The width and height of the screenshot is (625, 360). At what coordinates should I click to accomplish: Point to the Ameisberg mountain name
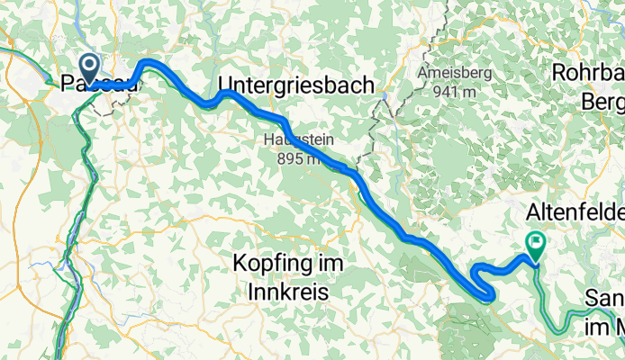[x=456, y=72]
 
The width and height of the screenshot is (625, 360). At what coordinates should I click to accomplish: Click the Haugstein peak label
[x=293, y=139]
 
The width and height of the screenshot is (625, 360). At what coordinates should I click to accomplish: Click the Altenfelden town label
[x=575, y=215]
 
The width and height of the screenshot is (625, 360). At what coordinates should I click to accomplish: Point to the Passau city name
[x=99, y=85]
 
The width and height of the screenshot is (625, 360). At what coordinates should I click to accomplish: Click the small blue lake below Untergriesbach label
[x=384, y=94]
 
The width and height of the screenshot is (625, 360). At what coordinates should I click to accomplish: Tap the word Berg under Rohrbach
[x=604, y=98]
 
